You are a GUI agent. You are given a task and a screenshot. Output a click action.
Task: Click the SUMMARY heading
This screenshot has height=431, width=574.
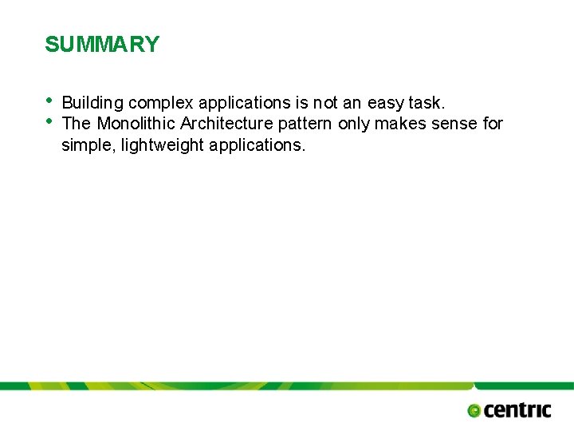102,45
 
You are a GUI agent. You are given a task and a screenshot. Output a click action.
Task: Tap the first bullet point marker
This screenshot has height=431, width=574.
49,100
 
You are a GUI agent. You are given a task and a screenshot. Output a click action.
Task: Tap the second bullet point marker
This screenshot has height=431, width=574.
49,121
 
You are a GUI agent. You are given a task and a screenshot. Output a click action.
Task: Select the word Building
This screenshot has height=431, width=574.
92,103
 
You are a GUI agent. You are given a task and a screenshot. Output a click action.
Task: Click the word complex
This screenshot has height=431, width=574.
161,103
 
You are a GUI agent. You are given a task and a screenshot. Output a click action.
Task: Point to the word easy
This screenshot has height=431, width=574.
385,103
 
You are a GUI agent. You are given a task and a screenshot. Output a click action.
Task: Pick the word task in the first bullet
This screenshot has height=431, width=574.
426,103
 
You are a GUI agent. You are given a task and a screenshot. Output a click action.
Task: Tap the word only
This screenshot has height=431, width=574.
354,124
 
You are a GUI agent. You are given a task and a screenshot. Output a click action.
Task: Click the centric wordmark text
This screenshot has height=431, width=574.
517,410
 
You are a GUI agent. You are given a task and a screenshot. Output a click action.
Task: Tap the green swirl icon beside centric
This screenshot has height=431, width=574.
474,411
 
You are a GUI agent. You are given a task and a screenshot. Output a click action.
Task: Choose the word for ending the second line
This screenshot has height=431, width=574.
493,124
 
